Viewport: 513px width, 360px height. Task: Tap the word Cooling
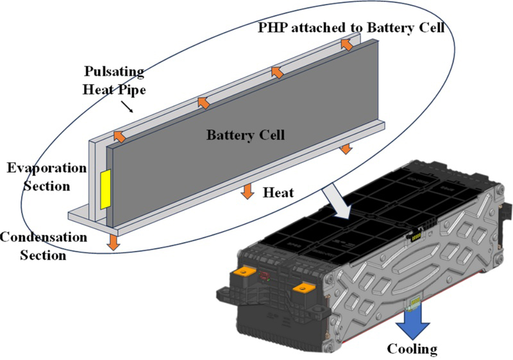[412, 349]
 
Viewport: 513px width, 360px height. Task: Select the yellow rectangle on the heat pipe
[104, 189]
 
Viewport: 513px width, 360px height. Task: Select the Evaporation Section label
[46, 177]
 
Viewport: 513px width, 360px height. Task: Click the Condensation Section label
[42, 246]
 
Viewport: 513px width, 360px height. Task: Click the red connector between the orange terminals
[263, 277]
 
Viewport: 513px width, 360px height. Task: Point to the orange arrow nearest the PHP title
[347, 44]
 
